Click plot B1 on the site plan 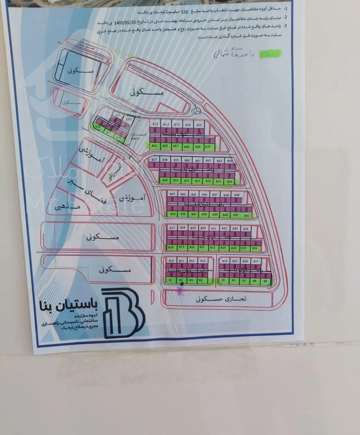tap(171, 281)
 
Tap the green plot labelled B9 tap(265, 281)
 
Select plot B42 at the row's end tap(247, 216)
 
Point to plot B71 tap(156, 124)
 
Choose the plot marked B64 tap(230, 161)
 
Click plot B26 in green tap(255, 248)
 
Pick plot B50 tap(165, 181)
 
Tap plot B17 tap(256, 261)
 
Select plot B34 tap(246, 229)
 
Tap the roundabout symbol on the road tap(196, 110)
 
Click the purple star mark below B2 tap(181, 290)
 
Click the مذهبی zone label tap(67, 207)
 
